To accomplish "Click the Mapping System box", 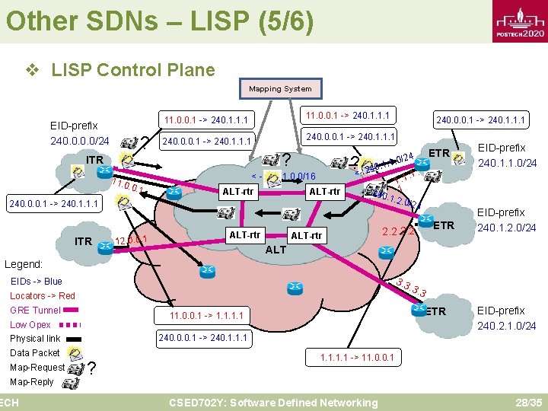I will coord(280,89).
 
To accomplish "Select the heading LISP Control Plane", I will coord(132,70).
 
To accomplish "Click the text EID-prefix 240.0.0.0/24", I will coord(79,132).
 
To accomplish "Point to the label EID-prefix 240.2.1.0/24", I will coord(506,318).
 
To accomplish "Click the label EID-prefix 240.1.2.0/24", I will coord(506,220).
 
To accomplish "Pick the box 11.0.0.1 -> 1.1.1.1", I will coord(206,315).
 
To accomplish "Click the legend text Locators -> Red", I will coord(43,295).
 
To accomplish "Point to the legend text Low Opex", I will coord(30,324).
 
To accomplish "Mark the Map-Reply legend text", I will coord(32,381).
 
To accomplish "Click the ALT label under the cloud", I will coord(276,249).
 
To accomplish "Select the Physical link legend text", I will coord(35,338).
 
